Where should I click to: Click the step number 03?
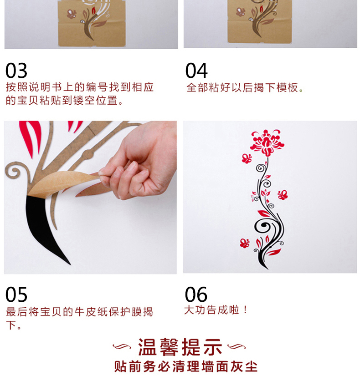point(16,71)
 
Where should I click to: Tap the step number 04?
point(196,71)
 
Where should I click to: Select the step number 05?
point(16,295)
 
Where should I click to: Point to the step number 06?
point(196,295)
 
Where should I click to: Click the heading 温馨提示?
point(180,347)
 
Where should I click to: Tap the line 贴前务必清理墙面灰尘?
point(186,367)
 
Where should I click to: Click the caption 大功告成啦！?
point(216,310)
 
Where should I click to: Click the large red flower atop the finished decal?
point(267,142)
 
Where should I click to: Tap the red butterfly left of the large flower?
point(247,158)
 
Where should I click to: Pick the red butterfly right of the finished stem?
point(283,195)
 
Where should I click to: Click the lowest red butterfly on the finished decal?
point(244,243)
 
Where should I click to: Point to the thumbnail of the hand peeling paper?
point(90,197)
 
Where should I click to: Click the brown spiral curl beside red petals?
point(15,172)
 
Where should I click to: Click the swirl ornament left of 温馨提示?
point(122,346)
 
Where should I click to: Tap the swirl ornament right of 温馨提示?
point(237,346)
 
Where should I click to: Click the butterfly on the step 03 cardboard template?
point(72,14)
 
